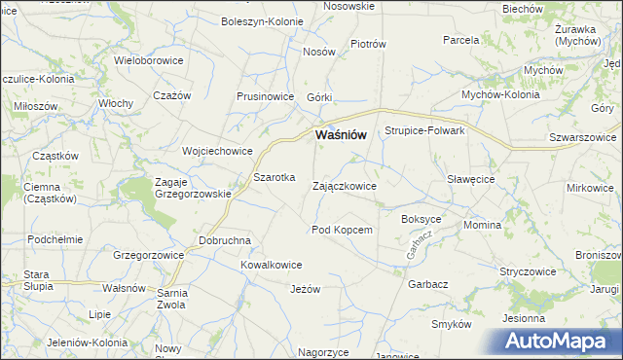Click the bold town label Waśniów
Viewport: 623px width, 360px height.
tap(341, 135)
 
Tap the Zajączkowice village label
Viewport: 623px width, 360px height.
tap(344, 185)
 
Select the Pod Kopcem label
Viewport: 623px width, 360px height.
tap(342, 230)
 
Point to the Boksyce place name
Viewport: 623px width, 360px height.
tap(421, 219)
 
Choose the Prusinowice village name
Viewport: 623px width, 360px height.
tap(265, 97)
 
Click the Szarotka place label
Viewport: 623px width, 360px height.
tap(274, 178)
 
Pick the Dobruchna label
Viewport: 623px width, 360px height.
tap(225, 240)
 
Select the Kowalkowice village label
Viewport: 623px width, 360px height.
tap(271, 265)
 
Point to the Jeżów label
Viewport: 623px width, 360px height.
tap(305, 289)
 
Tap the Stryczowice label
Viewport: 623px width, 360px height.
tap(528, 271)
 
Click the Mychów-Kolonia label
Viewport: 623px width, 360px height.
tap(500, 95)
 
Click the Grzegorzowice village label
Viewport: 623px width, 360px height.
tap(149, 255)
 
